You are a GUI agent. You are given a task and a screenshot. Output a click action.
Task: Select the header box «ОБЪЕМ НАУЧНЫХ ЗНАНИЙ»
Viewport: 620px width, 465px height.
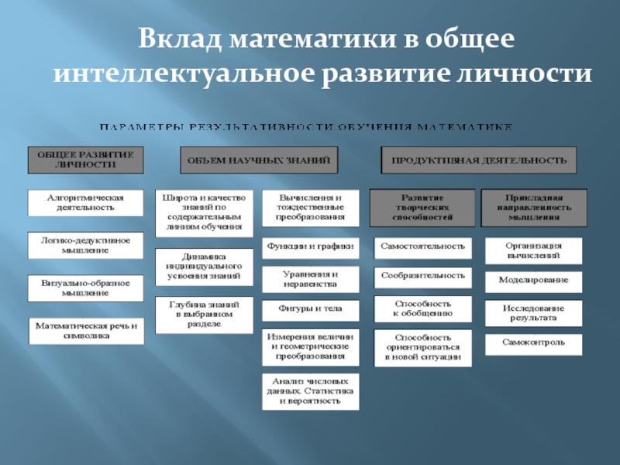pos(260,160)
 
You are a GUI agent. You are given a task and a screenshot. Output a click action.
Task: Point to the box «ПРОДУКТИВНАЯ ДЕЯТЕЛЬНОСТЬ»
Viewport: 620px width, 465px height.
pos(479,160)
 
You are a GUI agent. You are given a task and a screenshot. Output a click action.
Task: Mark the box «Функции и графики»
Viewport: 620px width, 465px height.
pos(311,246)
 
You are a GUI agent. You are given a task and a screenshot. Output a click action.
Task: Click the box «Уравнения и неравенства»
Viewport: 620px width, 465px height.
pos(311,279)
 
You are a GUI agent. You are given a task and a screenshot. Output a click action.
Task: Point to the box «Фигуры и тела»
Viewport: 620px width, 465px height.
pos(311,308)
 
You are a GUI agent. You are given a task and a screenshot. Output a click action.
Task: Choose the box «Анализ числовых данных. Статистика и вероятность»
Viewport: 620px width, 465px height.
pos(311,392)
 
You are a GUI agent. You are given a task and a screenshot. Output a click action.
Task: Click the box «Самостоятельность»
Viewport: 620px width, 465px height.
pos(422,246)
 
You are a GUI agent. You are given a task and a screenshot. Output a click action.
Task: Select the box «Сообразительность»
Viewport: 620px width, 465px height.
pos(422,275)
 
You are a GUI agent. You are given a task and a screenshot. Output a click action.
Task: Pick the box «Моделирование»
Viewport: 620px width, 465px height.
pos(534,279)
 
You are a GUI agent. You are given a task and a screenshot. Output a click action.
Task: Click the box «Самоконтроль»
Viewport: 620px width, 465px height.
pos(534,342)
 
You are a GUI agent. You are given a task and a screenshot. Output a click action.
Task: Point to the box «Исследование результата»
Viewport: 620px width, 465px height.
pos(534,312)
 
